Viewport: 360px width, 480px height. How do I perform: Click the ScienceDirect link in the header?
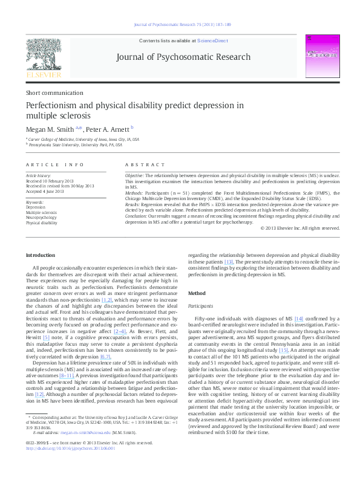(212, 40)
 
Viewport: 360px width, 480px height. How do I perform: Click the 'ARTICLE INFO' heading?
(55, 164)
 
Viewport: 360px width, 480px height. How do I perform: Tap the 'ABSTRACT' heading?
(145, 164)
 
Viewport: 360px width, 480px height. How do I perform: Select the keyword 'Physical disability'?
(41, 223)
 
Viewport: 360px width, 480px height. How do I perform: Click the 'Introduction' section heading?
(41, 255)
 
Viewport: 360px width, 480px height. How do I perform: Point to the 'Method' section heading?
(197, 293)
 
